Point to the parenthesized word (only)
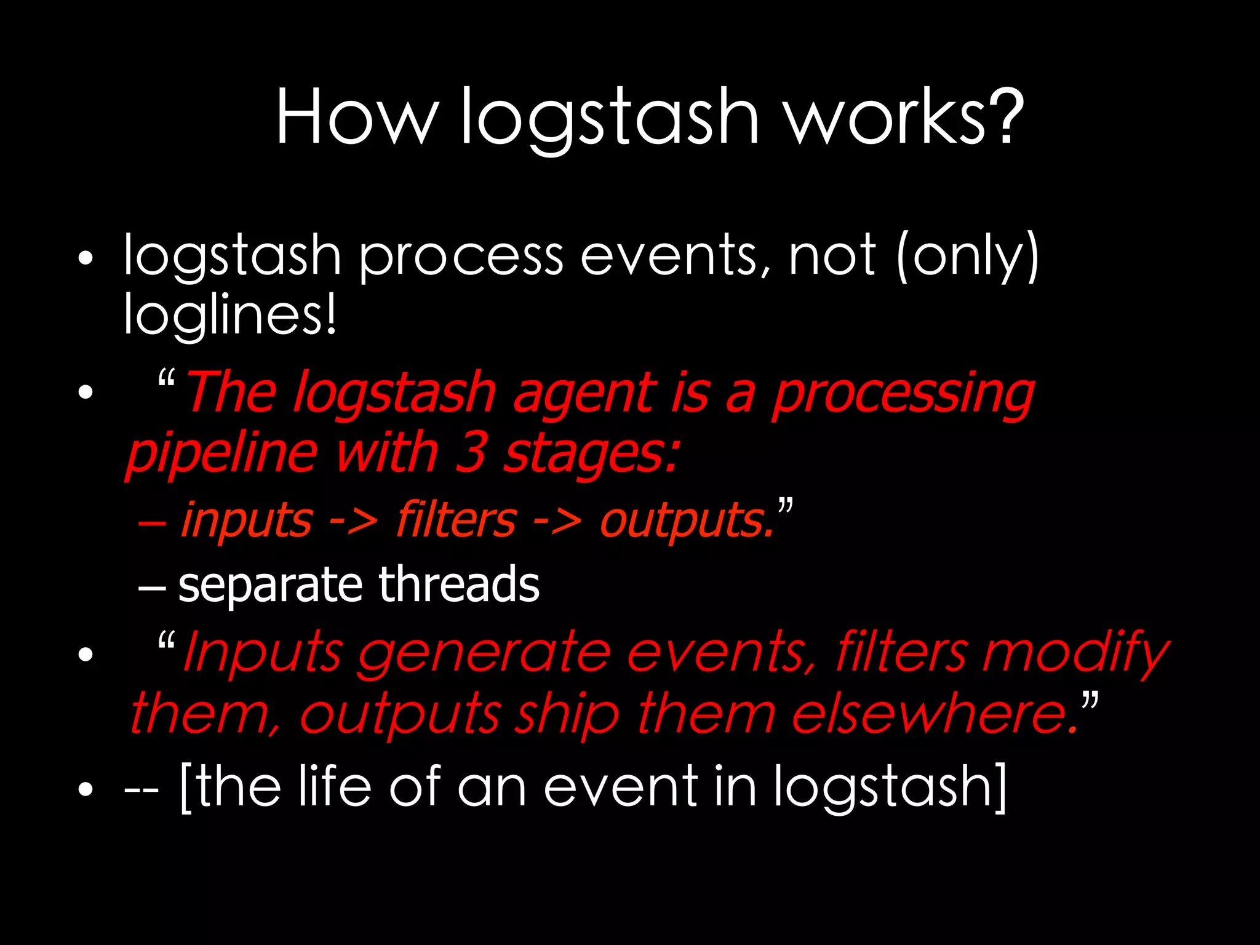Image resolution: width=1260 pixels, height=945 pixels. [x=968, y=257]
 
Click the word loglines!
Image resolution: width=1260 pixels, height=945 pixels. [x=230, y=315]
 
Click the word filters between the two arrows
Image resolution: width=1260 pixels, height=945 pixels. [x=456, y=520]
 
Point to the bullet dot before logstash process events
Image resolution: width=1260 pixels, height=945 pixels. [x=86, y=258]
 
